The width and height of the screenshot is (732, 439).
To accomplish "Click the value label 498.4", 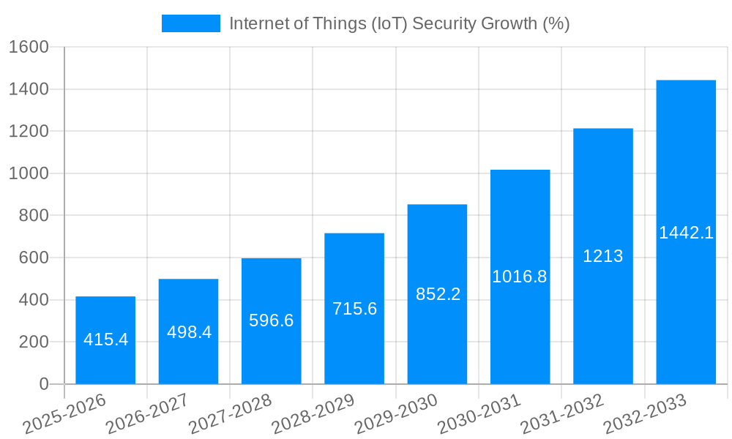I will pos(189,332).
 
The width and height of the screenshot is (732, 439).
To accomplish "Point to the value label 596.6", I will pos(271,320).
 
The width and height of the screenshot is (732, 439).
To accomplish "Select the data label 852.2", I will pos(438,294).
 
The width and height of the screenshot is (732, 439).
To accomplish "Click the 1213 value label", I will pos(602,256).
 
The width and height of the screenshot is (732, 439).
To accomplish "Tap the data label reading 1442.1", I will pos(686,233).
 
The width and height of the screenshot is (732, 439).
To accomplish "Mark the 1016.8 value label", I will pos(520,277).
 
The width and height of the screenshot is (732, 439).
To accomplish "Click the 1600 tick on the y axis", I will pos(28,47).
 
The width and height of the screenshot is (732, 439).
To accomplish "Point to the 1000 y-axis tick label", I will pos(28,173).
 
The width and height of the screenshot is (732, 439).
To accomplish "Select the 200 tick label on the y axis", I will pos(33,342).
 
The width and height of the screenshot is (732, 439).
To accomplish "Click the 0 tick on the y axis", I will pos(43,384).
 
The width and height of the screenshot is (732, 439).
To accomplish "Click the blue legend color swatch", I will pos(190,23).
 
